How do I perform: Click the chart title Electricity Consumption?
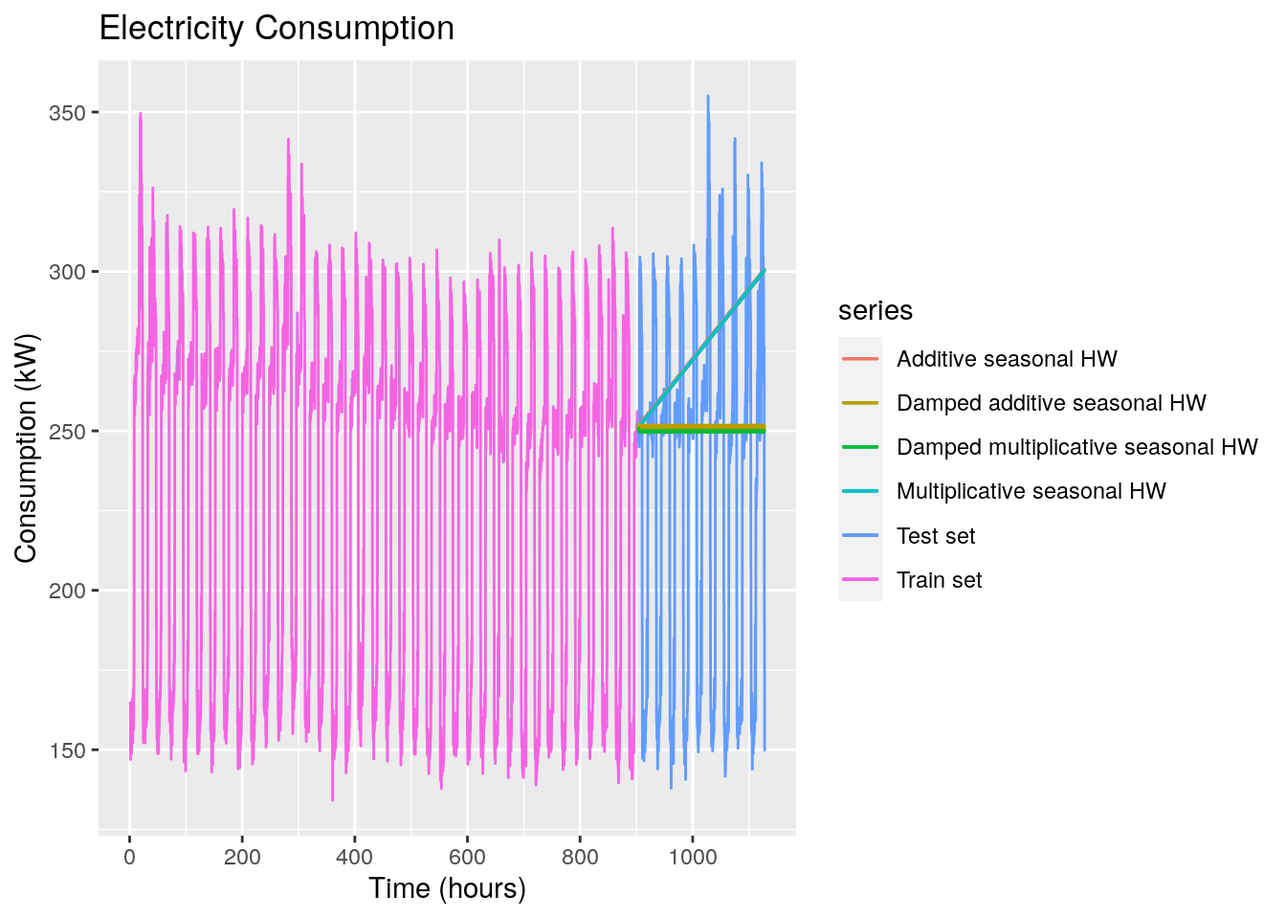point(277,29)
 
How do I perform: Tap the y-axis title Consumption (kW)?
point(26,448)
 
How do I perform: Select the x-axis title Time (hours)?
point(447,888)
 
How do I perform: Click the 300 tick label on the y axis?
point(68,272)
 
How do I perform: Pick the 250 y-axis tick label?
point(68,432)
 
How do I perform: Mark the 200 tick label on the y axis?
point(68,591)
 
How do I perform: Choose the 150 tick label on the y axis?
point(68,751)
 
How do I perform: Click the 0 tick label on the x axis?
point(129,857)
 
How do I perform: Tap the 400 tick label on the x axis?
point(355,857)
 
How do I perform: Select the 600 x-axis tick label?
point(468,857)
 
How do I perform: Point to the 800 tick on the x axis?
point(581,857)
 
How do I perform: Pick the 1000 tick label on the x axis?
point(693,857)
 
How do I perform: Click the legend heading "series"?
point(875,311)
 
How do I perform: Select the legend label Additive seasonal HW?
point(1007,359)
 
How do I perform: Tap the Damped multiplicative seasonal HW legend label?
point(1076,447)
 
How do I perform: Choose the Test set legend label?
point(936,536)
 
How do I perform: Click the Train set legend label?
point(939,580)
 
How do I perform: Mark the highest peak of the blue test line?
point(708,96)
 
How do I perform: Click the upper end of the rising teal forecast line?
point(765,271)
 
